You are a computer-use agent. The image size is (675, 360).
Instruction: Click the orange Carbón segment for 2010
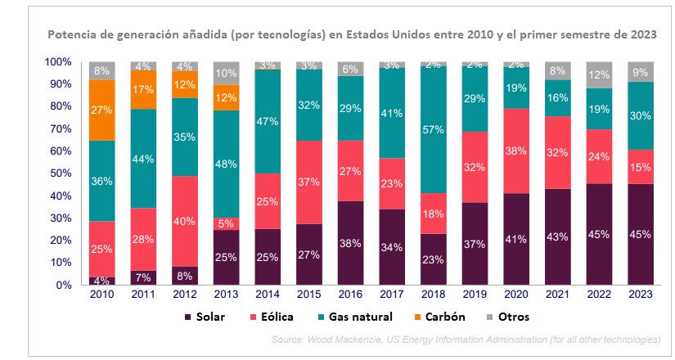pyautogui.click(x=103, y=110)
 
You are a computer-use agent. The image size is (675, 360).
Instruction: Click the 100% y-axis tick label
pyautogui.click(x=59, y=62)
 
